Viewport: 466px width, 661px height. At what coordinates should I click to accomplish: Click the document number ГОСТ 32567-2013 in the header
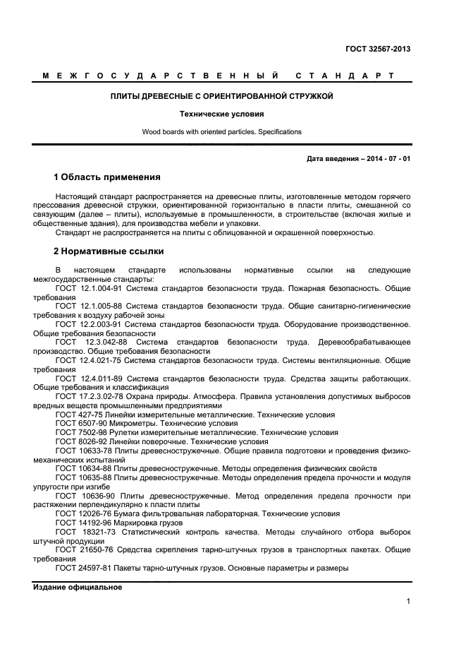click(x=378, y=49)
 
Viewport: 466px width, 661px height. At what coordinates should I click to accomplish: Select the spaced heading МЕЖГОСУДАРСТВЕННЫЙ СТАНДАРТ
click(x=218, y=76)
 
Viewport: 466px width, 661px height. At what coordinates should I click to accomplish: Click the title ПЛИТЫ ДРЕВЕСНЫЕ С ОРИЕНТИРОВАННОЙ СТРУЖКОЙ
click(x=221, y=96)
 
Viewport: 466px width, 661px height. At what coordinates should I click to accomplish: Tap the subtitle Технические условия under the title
click(x=221, y=114)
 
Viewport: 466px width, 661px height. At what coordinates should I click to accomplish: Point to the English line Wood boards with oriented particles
click(x=221, y=132)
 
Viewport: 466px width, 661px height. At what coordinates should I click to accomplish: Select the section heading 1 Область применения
click(x=107, y=177)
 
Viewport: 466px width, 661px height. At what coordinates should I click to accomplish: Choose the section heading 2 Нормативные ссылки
click(x=109, y=251)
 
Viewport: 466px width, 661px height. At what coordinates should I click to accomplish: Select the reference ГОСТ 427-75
click(x=78, y=415)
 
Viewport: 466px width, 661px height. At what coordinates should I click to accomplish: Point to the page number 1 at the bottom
click(x=408, y=602)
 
